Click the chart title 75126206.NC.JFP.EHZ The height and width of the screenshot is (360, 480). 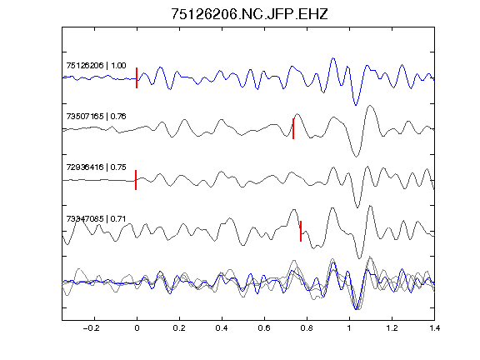tap(249, 14)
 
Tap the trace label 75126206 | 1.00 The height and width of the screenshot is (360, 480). tap(96, 66)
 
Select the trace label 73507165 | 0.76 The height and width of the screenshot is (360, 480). tap(96, 117)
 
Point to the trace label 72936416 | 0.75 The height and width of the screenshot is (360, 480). tap(96, 167)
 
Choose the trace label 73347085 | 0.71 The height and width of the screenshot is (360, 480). tap(96, 219)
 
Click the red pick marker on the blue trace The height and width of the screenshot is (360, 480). tap(137, 77)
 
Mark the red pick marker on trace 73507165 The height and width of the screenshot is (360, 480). tap(293, 128)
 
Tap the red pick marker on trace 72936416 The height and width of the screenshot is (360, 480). tap(136, 180)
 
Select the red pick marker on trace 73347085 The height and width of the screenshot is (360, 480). tap(301, 231)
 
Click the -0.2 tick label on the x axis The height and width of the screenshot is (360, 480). tap(92, 328)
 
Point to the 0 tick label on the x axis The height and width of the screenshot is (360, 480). tap(137, 328)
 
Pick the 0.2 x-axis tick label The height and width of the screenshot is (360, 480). tap(179, 328)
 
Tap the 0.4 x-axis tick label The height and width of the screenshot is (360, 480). tap(222, 328)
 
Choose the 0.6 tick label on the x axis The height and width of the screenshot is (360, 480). tap(264, 328)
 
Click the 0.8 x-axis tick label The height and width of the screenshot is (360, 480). tap(307, 328)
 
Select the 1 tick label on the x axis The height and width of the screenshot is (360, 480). tap(349, 328)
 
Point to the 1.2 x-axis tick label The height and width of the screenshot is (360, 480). tap(392, 328)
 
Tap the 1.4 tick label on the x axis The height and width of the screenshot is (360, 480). tap(434, 328)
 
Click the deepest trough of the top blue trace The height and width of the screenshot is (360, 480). tap(355, 105)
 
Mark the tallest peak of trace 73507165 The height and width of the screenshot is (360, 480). tap(370, 106)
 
